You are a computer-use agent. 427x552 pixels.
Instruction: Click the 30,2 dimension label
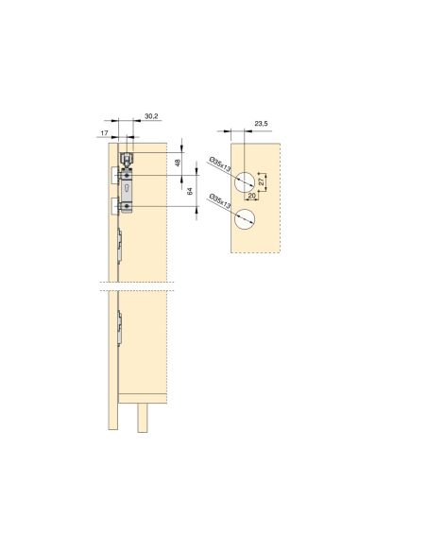pyautogui.click(x=150, y=117)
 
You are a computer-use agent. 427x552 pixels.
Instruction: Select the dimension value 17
pyautogui.click(x=102, y=133)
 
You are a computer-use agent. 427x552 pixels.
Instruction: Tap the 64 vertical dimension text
pyautogui.click(x=190, y=191)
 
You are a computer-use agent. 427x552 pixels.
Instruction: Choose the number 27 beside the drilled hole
pyautogui.click(x=263, y=179)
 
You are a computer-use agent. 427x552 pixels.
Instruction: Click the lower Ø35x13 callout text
pyautogui.click(x=217, y=207)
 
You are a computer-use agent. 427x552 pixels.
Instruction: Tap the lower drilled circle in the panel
pyautogui.click(x=245, y=221)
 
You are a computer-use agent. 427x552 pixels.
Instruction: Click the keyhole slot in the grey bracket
pyautogui.click(x=126, y=190)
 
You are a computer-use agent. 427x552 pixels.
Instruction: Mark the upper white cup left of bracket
pyautogui.click(x=112, y=175)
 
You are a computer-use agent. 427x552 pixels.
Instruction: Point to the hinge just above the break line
pyautogui.click(x=120, y=245)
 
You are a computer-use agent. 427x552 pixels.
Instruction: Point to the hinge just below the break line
pyautogui.click(x=120, y=326)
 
